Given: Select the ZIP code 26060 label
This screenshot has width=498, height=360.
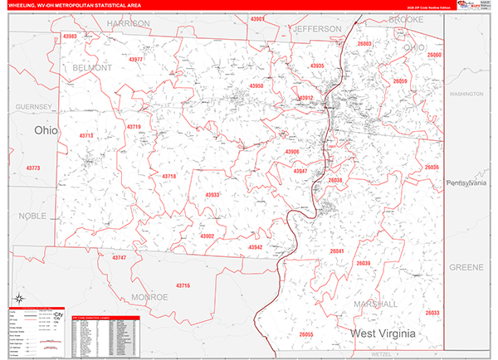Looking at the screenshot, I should [434, 55].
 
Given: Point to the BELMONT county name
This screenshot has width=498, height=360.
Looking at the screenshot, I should [91, 67].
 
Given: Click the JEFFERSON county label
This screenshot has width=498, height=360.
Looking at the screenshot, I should [315, 28].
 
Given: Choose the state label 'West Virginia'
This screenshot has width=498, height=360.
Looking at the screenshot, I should [393, 333].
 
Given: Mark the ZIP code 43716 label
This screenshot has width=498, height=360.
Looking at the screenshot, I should [183, 285].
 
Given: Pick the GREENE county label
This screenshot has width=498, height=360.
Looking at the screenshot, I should [466, 268].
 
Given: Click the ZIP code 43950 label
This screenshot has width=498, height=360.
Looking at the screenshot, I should [256, 85].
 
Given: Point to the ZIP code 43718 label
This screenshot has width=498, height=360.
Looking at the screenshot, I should [168, 177].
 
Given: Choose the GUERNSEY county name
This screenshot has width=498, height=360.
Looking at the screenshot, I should [32, 107].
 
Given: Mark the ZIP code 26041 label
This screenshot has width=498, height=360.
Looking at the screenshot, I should [336, 251].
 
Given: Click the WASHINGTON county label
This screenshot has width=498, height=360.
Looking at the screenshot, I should [466, 95].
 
